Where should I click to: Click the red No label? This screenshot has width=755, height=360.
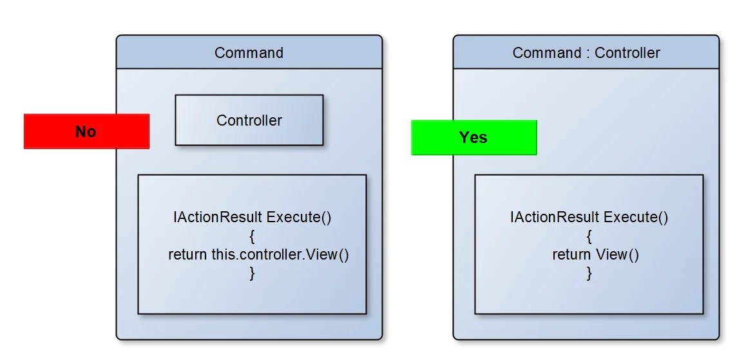tap(86, 131)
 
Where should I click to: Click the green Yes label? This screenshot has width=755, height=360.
tap(473, 137)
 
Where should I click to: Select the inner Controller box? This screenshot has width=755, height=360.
tap(249, 120)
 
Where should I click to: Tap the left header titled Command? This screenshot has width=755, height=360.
tap(249, 53)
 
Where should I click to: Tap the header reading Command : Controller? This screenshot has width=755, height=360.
tap(586, 53)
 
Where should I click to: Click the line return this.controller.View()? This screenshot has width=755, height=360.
tap(258, 254)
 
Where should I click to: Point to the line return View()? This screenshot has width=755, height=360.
tap(595, 254)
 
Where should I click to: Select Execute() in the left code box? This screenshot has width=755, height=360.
tap(299, 217)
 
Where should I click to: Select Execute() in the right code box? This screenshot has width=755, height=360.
tap(636, 217)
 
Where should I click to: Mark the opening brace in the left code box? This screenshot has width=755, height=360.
tap(252, 236)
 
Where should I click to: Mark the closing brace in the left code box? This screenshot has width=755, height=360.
tap(252, 273)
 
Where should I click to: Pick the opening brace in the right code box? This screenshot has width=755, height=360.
tap(589, 236)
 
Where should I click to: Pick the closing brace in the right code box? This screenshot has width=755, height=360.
tap(589, 273)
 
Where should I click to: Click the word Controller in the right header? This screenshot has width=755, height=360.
tap(627, 53)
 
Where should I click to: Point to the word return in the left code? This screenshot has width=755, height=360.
tap(188, 254)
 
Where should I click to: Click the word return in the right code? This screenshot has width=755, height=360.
tap(571, 254)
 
